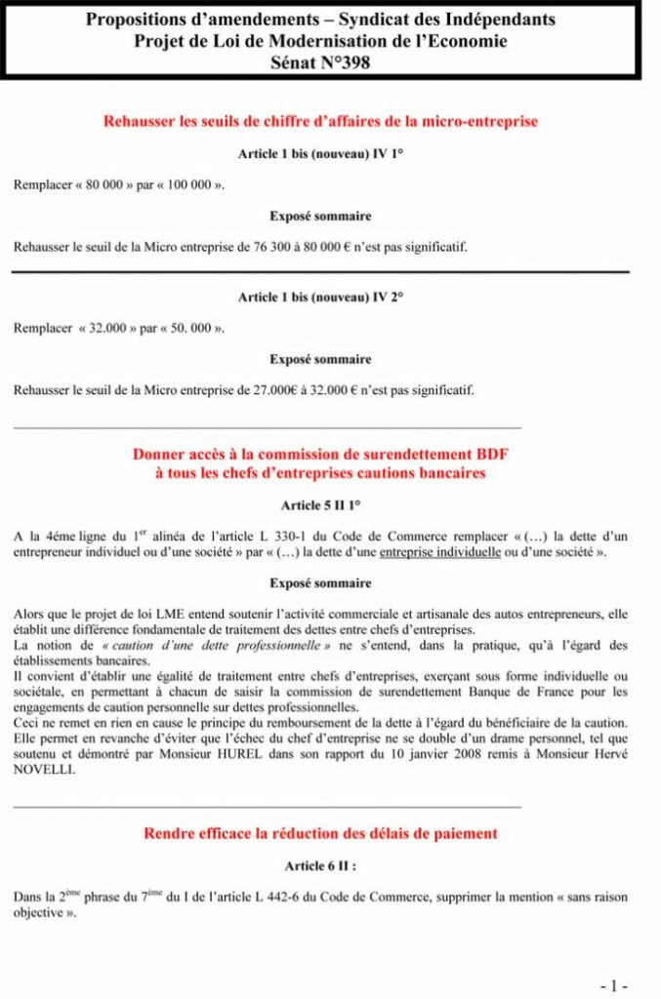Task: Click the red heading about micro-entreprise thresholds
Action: (320, 122)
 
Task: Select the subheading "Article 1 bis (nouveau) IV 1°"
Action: (320, 153)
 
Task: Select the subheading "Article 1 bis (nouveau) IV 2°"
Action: (320, 297)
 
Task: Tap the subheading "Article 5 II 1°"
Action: (320, 505)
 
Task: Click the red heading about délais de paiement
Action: (320, 833)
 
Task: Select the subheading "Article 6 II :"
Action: (320, 865)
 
